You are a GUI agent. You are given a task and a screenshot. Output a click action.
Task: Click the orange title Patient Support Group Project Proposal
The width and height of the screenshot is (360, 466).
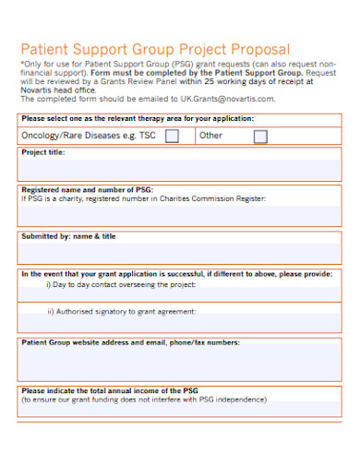coord(155,48)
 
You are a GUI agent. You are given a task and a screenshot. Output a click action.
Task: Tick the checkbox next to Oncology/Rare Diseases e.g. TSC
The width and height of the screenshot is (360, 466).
coord(172,137)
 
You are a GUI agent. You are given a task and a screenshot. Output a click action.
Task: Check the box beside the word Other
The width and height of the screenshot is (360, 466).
coord(260,137)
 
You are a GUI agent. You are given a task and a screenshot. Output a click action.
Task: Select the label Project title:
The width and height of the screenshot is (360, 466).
coord(43,152)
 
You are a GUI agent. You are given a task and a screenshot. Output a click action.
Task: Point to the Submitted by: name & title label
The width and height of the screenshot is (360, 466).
coord(68,236)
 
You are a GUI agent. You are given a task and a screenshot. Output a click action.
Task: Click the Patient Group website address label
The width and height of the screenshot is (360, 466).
coord(130,342)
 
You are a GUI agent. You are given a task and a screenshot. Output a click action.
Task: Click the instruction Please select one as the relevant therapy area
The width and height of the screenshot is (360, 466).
coord(138,119)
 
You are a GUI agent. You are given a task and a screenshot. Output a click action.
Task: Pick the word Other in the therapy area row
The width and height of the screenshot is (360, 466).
coord(211,136)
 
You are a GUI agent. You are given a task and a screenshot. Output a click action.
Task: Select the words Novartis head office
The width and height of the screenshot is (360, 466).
coord(61,90)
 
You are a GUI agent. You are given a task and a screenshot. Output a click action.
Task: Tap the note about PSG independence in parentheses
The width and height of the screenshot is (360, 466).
coord(144,400)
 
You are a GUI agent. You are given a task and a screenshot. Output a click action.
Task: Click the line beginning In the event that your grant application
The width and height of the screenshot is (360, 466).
coord(176,274)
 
